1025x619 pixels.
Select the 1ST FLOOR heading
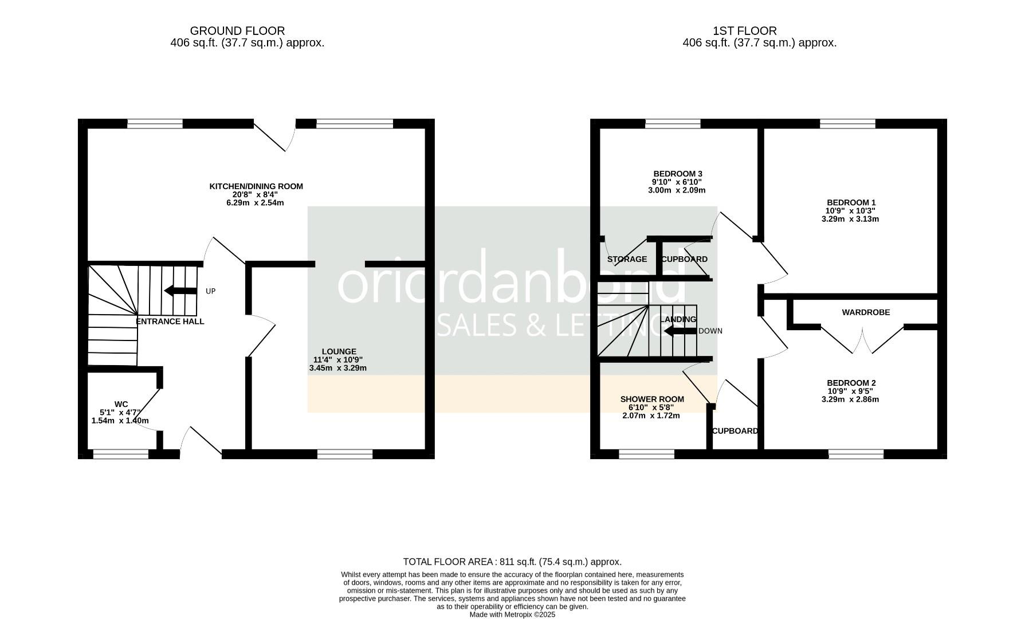click(744, 31)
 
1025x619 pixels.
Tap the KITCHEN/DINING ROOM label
click(256, 186)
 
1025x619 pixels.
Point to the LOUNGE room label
click(339, 351)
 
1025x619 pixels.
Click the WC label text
click(121, 404)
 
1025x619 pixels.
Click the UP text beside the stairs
click(210, 291)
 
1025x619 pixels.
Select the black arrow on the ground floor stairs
click(180, 291)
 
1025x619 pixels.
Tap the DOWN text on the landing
click(710, 331)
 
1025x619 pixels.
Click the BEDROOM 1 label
click(851, 202)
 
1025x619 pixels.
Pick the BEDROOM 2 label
click(851, 383)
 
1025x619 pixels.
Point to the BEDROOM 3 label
click(678, 174)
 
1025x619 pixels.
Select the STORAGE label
click(627, 259)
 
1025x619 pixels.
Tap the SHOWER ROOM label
click(652, 399)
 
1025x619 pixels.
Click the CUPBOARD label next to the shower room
click(735, 431)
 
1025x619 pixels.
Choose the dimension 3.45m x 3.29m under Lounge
click(337, 368)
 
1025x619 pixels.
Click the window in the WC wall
click(121, 454)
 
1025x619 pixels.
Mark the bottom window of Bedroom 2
click(856, 454)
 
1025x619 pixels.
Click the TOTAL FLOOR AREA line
click(512, 562)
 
